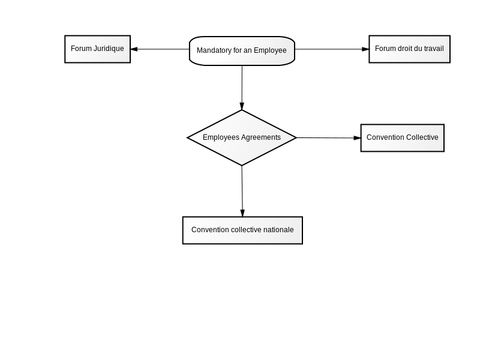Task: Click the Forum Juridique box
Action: point(98,49)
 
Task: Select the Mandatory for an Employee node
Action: point(242,51)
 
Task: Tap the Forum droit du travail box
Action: point(410,49)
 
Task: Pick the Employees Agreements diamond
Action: point(242,138)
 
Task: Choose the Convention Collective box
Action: point(403,138)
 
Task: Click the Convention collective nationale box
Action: point(242,230)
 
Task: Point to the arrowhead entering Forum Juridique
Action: point(134,49)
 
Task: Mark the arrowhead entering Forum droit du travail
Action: point(365,49)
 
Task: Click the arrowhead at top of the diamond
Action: point(242,106)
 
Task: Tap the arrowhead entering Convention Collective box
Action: point(357,138)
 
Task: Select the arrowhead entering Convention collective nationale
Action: point(242,213)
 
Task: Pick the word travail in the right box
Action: point(434,49)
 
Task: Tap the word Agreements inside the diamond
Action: point(261,137)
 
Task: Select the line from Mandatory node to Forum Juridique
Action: point(160,49)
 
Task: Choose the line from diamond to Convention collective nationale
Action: point(242,191)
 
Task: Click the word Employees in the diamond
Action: point(221,137)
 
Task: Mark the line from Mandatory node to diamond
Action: point(242,88)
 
